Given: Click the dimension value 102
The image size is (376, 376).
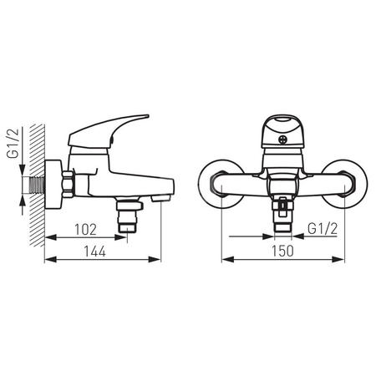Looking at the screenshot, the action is [85, 230].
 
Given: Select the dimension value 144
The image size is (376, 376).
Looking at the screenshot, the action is [95, 252].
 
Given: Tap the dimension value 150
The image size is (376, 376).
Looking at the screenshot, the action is [282, 251].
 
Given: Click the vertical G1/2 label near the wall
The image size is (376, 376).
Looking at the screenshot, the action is [13, 143].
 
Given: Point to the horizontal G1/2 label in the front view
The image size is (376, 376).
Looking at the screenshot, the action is [323, 229].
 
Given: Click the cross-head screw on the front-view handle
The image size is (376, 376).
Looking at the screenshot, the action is [282, 140].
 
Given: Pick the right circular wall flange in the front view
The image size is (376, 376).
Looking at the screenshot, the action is [344, 184].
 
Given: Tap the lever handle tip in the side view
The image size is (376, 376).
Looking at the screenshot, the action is [146, 116].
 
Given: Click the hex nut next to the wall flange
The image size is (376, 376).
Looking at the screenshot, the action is [69, 185].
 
